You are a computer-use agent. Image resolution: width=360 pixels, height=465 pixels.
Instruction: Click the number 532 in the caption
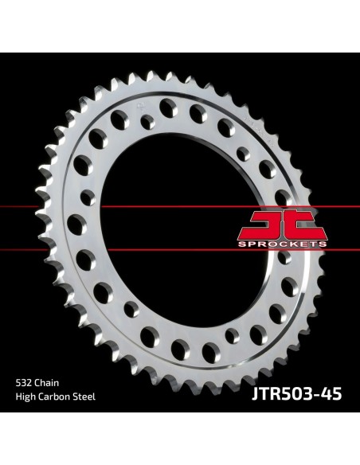point(24,383)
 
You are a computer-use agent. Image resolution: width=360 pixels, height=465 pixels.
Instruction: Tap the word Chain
point(46,383)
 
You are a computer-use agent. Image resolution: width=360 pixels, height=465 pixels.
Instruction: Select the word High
point(25,397)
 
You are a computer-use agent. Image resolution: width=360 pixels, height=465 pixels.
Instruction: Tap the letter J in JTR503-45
point(256,394)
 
